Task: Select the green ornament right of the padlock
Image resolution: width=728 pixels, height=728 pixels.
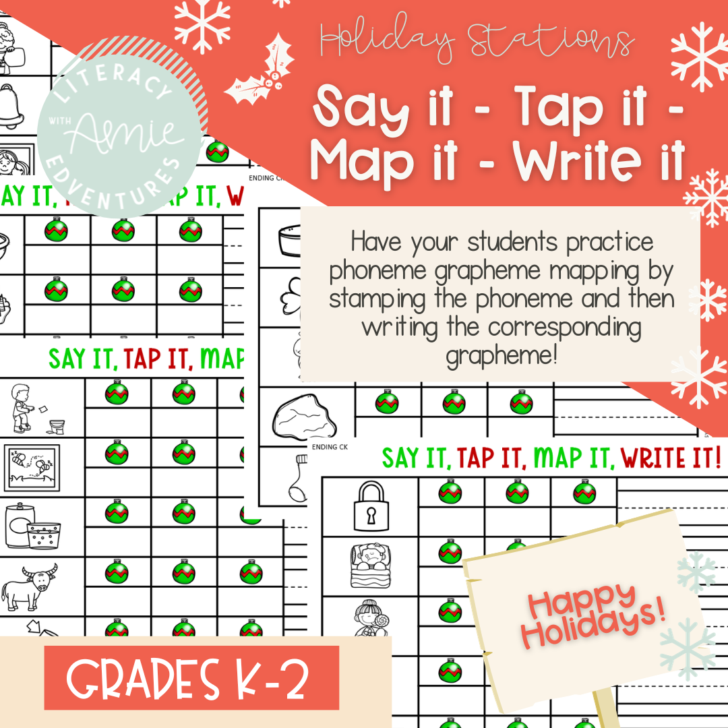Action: (450, 491)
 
